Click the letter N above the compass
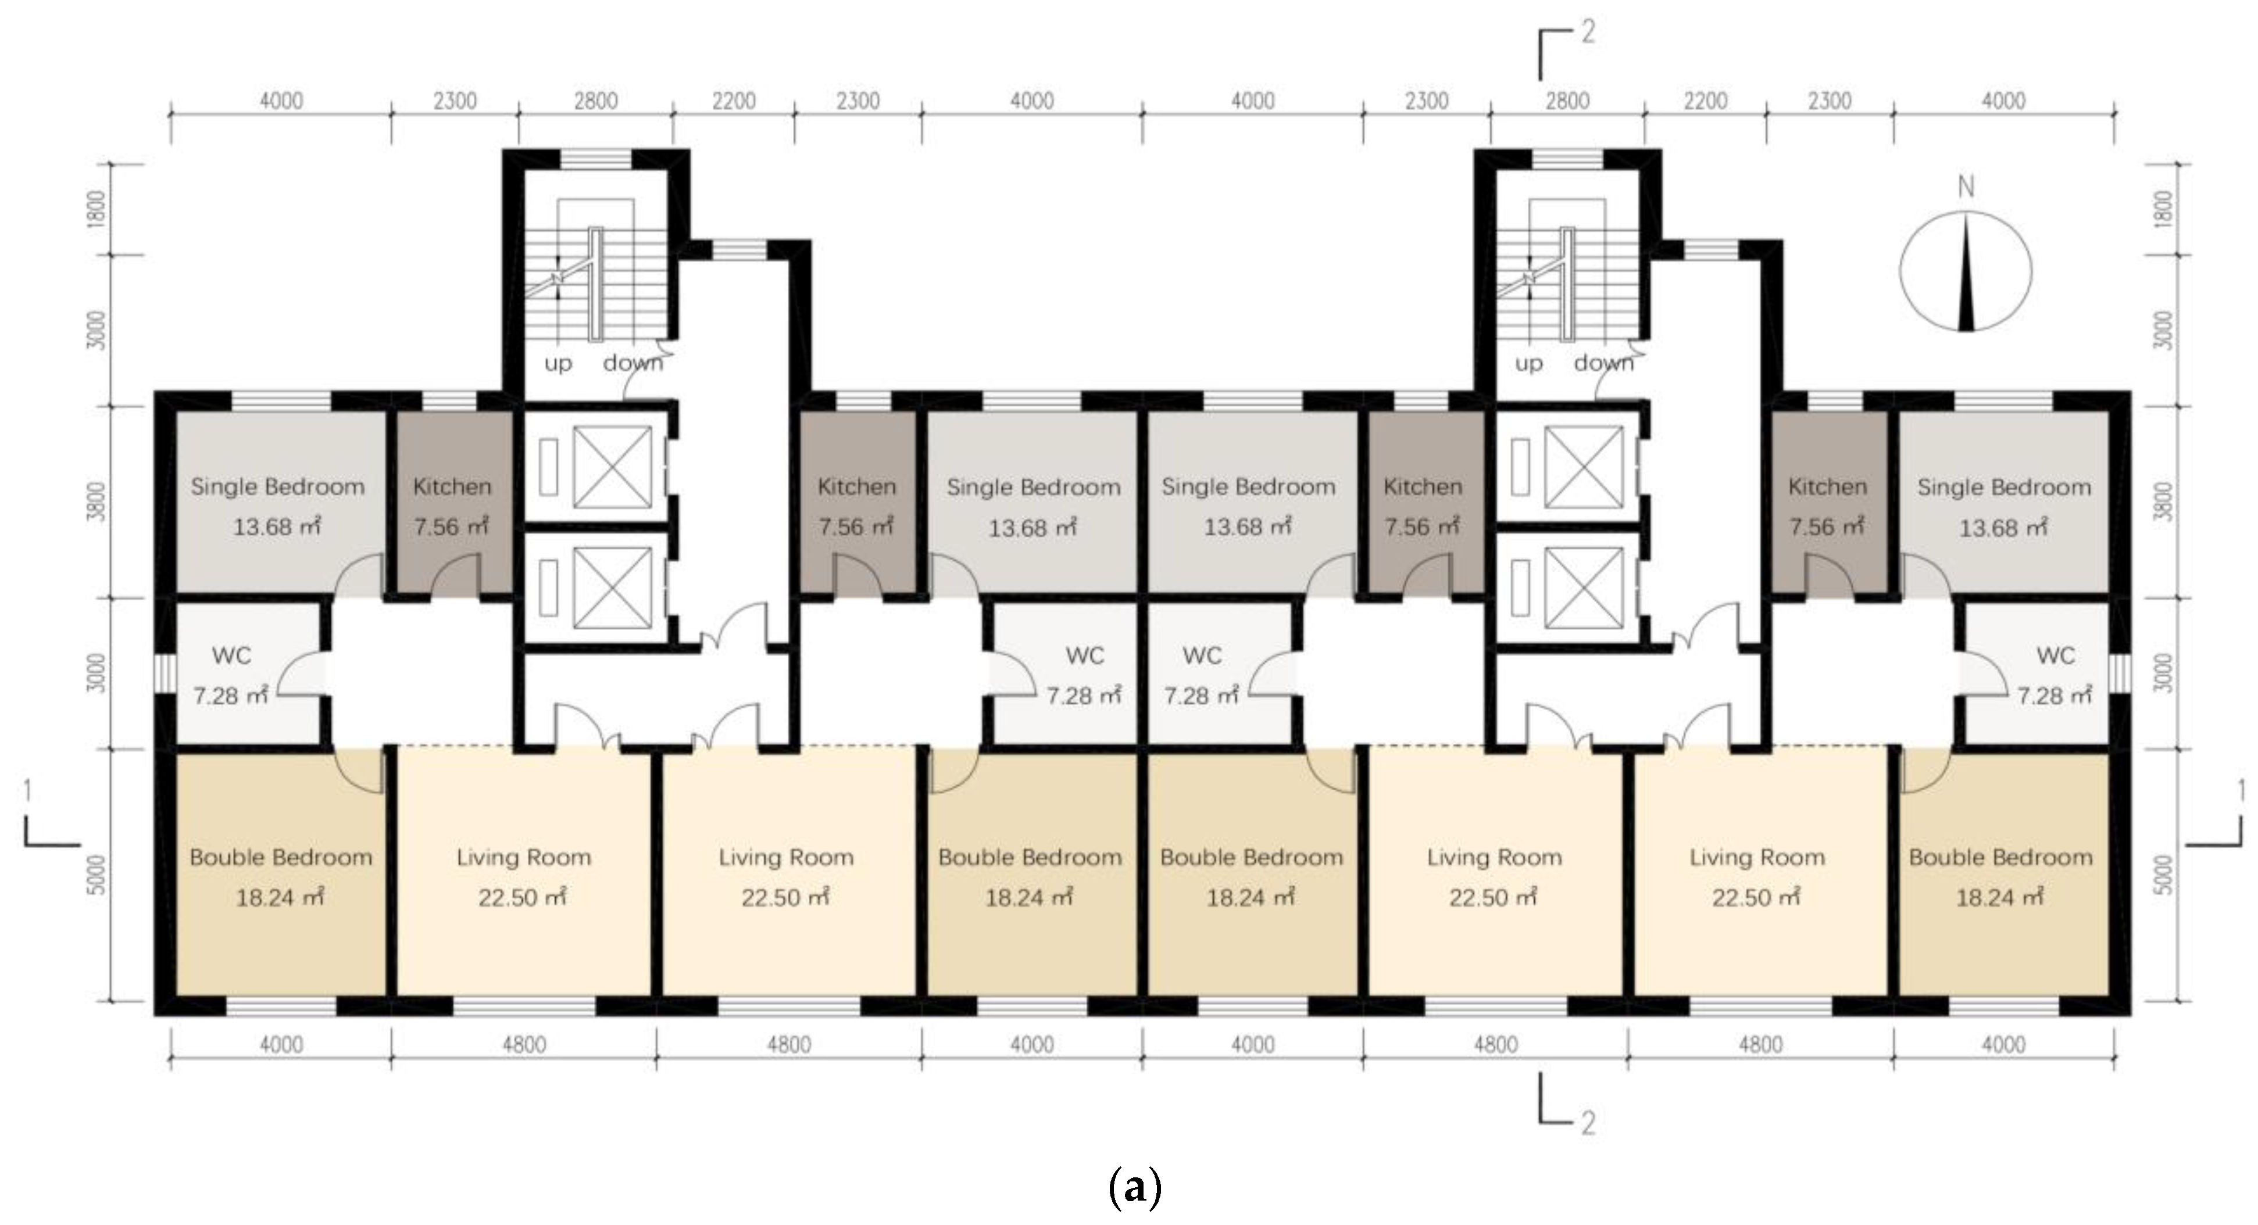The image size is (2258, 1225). point(1966,187)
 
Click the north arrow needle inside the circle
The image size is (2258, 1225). point(1966,273)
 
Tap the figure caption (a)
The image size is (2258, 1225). point(1136,1188)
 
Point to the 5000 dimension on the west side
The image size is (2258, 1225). point(98,875)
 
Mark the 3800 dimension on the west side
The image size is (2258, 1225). point(98,502)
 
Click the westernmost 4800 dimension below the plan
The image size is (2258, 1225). point(524,1044)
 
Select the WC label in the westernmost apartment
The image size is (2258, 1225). point(231,656)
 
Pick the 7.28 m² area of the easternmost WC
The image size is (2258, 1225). point(2055,696)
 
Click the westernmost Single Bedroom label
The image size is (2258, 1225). point(278,487)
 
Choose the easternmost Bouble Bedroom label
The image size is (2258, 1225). point(2001,857)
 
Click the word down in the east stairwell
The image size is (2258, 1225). point(1604,363)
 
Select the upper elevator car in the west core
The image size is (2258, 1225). point(613,467)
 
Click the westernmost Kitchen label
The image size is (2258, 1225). point(452,487)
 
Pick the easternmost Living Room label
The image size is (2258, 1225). point(1757,857)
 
